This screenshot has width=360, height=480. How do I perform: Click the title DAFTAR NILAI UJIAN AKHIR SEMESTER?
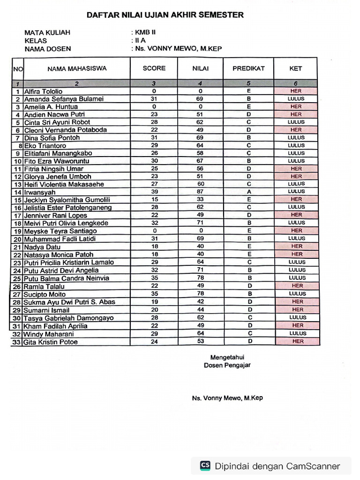point(165,15)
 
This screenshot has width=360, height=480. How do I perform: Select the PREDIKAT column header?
point(248,68)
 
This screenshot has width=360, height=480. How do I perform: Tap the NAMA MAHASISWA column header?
point(77,68)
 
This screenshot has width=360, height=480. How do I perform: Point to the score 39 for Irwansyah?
point(154,192)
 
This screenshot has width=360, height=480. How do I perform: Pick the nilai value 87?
point(201,192)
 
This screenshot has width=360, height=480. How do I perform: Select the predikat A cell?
point(248,192)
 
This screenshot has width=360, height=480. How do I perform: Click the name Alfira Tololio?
point(43,91)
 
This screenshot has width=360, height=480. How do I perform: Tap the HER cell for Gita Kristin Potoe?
point(298,341)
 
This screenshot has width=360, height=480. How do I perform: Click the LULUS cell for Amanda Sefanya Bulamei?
point(296,99)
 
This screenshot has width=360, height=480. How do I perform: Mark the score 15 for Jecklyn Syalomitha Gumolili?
point(154,199)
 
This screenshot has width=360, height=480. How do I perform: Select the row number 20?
point(18,239)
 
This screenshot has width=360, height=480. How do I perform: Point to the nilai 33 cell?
point(201,199)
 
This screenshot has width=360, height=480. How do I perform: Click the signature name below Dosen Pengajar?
point(227,398)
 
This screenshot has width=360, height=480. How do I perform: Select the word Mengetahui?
point(227,357)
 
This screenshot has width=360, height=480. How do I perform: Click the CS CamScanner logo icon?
point(205,465)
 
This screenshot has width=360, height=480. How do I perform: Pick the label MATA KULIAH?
point(47,33)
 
